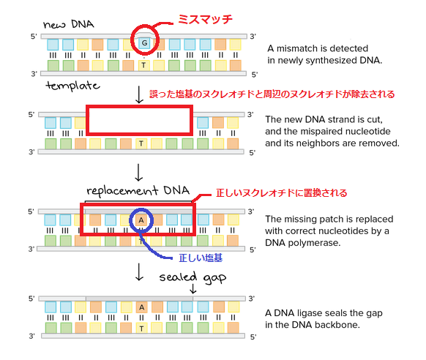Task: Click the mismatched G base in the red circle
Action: click(143, 44)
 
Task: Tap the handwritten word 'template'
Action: click(72, 86)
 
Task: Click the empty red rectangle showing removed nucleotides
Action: click(139, 120)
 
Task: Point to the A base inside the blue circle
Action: click(142, 220)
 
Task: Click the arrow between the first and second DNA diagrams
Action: click(139, 94)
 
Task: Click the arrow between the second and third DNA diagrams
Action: click(139, 173)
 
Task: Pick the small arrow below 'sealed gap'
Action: click(193, 290)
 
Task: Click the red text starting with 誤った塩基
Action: click(272, 94)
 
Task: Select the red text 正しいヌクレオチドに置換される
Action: click(281, 193)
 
